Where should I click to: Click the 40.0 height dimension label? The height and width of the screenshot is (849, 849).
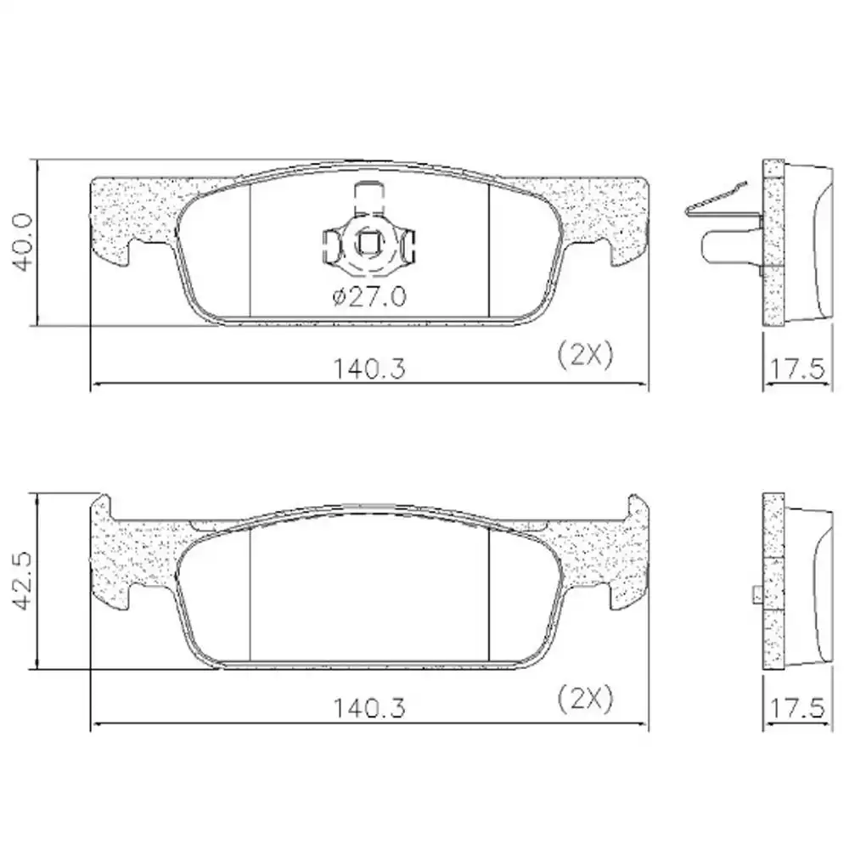point(23,242)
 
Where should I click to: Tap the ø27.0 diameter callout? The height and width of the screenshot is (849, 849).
point(369,297)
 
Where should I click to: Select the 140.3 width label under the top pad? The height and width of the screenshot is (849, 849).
point(368,369)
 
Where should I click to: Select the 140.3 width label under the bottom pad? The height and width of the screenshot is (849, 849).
point(368,708)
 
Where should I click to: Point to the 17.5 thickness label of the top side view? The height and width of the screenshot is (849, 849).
point(797,369)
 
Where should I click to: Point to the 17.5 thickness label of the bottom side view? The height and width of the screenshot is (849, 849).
point(797,708)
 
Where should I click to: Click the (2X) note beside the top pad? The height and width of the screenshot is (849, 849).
point(586,355)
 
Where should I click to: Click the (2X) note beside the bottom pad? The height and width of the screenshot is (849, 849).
point(586,699)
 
